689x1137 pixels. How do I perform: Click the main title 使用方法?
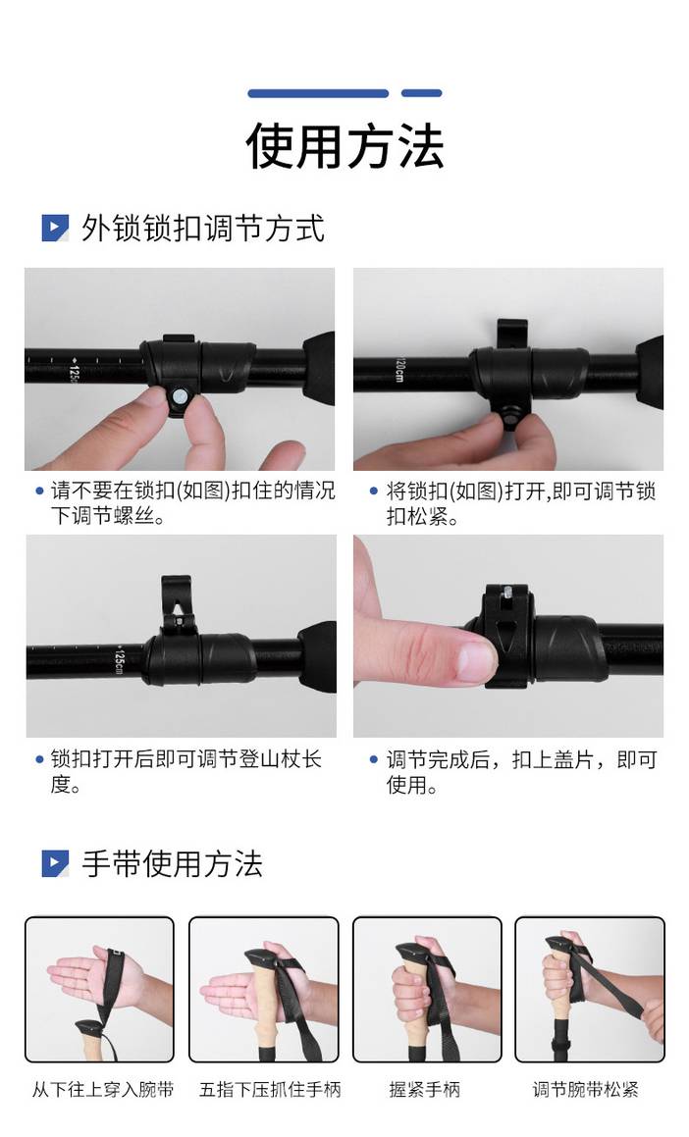(x=344, y=146)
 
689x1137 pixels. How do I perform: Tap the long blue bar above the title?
(x=318, y=93)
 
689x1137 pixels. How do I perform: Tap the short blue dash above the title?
(x=421, y=93)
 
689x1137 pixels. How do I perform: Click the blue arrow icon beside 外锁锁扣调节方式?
(x=55, y=228)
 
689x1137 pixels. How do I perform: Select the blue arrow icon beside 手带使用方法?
(x=55, y=863)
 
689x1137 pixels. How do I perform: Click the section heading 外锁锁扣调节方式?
(x=202, y=228)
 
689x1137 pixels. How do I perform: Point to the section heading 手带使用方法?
(x=172, y=863)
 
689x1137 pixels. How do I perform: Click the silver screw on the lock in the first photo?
(x=179, y=395)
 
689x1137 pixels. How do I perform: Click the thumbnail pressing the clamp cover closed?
(x=508, y=636)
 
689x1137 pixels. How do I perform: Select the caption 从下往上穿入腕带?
(x=103, y=1089)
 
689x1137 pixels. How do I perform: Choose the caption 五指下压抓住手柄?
(x=270, y=1089)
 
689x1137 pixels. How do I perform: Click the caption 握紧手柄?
(x=424, y=1089)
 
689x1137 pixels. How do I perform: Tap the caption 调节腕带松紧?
(x=585, y=1089)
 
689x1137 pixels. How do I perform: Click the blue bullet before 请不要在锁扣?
(x=40, y=491)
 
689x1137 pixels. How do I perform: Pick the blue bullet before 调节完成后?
(x=374, y=759)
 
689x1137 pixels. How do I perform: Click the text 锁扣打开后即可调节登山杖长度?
(x=186, y=771)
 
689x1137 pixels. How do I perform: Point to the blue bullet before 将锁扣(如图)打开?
(x=374, y=491)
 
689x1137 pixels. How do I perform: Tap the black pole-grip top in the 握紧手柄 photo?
(x=414, y=951)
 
